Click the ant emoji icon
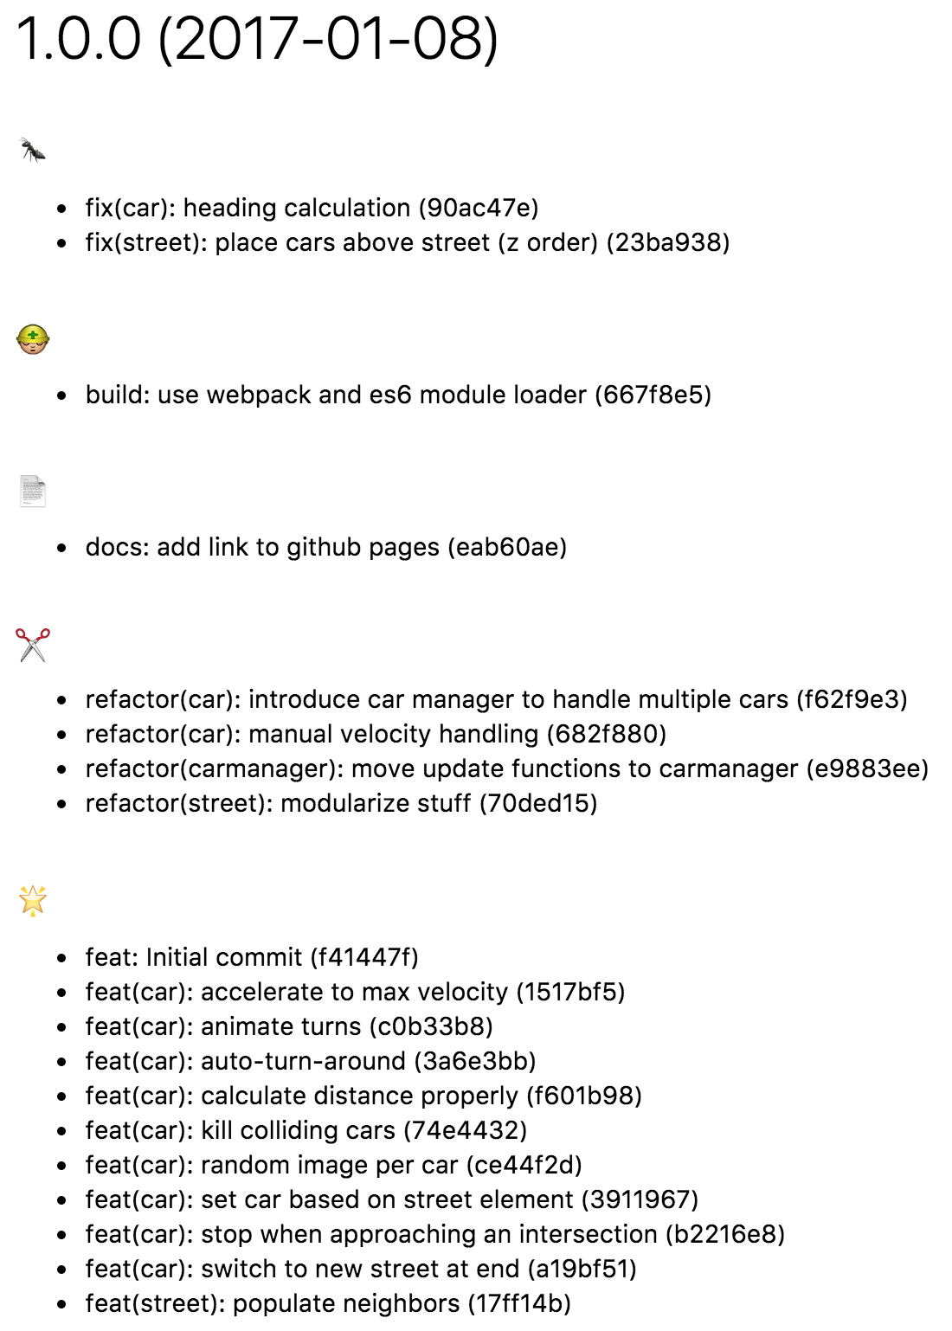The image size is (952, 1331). [33, 151]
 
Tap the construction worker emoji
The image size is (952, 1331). [33, 339]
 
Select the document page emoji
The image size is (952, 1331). [33, 491]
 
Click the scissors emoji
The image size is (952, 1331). [33, 645]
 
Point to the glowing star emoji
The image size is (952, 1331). [33, 901]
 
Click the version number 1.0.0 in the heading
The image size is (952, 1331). [79, 40]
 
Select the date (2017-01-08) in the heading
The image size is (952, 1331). [328, 40]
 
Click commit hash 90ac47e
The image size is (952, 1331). [479, 208]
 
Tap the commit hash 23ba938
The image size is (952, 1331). [668, 242]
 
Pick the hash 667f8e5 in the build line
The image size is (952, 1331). [653, 395]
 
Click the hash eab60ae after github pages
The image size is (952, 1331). [507, 547]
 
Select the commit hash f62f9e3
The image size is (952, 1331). [852, 699]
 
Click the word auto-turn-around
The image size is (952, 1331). [303, 1061]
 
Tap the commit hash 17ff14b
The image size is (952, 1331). [519, 1303]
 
